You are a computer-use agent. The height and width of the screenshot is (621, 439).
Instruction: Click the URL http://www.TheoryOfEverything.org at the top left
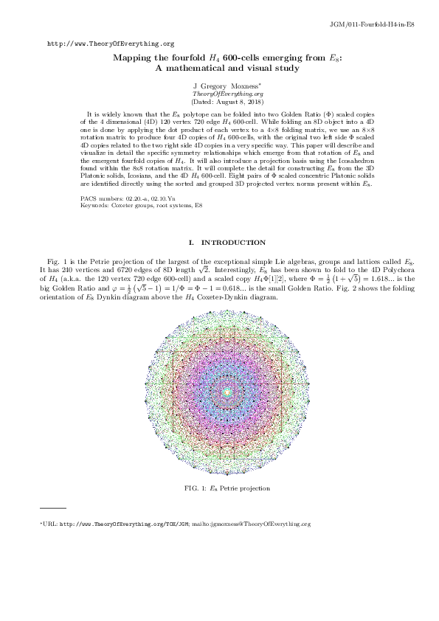click(x=111, y=44)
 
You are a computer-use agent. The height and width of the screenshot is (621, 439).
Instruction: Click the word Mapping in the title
click(x=133, y=58)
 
